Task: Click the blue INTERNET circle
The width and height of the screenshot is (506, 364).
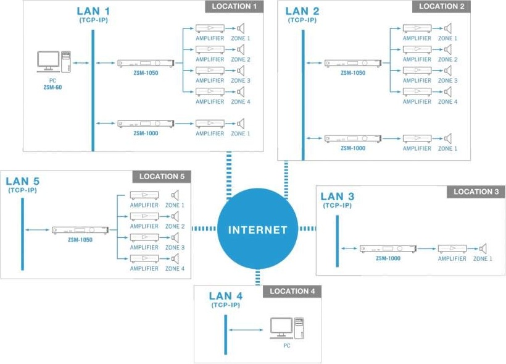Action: click(x=258, y=229)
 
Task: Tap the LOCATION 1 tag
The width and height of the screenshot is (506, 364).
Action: click(x=234, y=7)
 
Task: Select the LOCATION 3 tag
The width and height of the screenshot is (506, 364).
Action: click(x=476, y=192)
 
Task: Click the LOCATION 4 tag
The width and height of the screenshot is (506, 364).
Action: click(x=292, y=291)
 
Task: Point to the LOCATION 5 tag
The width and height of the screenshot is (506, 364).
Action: click(x=162, y=176)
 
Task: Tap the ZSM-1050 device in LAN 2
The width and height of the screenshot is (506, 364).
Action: click(x=353, y=63)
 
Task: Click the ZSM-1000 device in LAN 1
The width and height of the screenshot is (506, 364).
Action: click(x=146, y=124)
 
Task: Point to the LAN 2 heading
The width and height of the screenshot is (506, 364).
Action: click(x=302, y=11)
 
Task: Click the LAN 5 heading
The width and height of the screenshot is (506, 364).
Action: click(x=22, y=182)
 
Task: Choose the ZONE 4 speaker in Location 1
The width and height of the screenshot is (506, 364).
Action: click(x=240, y=91)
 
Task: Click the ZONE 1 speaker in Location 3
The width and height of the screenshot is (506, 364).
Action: click(x=483, y=248)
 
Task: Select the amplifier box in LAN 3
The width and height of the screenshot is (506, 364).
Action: click(x=452, y=248)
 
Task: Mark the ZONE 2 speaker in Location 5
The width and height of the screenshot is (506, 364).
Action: click(x=175, y=216)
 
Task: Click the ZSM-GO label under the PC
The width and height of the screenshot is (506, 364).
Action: click(x=52, y=88)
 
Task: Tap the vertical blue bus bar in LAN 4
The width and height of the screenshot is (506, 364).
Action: click(x=226, y=334)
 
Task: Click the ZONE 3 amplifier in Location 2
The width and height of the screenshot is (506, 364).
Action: click(x=417, y=70)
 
